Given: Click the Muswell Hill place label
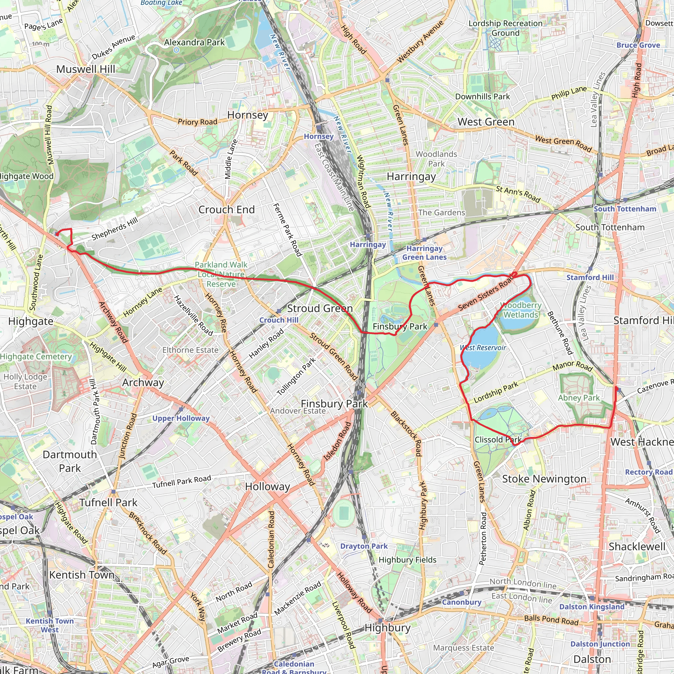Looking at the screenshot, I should pos(86,69).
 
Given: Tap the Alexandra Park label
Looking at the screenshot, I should pos(194,42).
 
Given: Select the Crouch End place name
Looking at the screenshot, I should pos(226,209).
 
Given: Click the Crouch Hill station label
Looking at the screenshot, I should pos(278,320).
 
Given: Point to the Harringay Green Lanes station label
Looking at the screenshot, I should pos(424,252).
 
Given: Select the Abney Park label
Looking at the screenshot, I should pos(579,398).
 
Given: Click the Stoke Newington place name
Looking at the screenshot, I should pos(544,479).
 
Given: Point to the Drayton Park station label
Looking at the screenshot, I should pos(364,546).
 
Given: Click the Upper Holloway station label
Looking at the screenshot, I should pos(181,418).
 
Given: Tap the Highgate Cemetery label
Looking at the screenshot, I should pos(36,356).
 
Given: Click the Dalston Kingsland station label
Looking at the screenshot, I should pos(592,607).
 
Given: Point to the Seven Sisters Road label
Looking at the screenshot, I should pos(486,295).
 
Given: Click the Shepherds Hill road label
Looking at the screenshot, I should pos(115,229).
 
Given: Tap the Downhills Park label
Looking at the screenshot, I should pos(482,96).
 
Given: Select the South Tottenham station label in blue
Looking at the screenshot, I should pos(625,209).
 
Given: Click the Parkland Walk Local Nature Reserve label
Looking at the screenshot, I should pos(221,274).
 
